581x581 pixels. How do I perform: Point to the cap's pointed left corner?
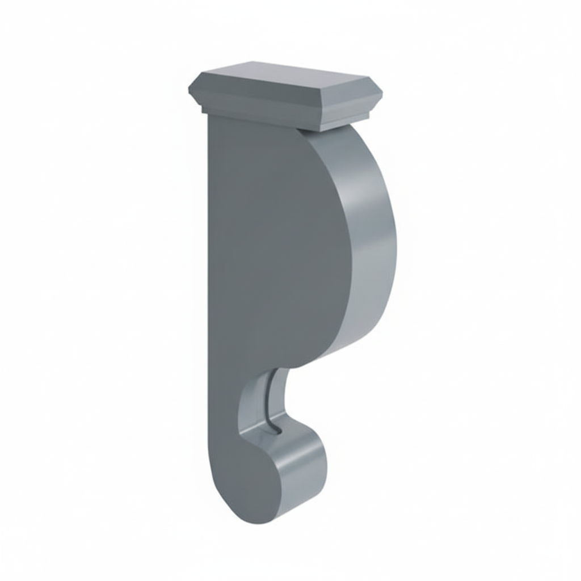coord(190,90)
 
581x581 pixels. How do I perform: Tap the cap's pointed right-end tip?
coord(382,92)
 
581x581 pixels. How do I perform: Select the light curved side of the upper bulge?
coord(372,238)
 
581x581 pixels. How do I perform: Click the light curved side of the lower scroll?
coord(304,471)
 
